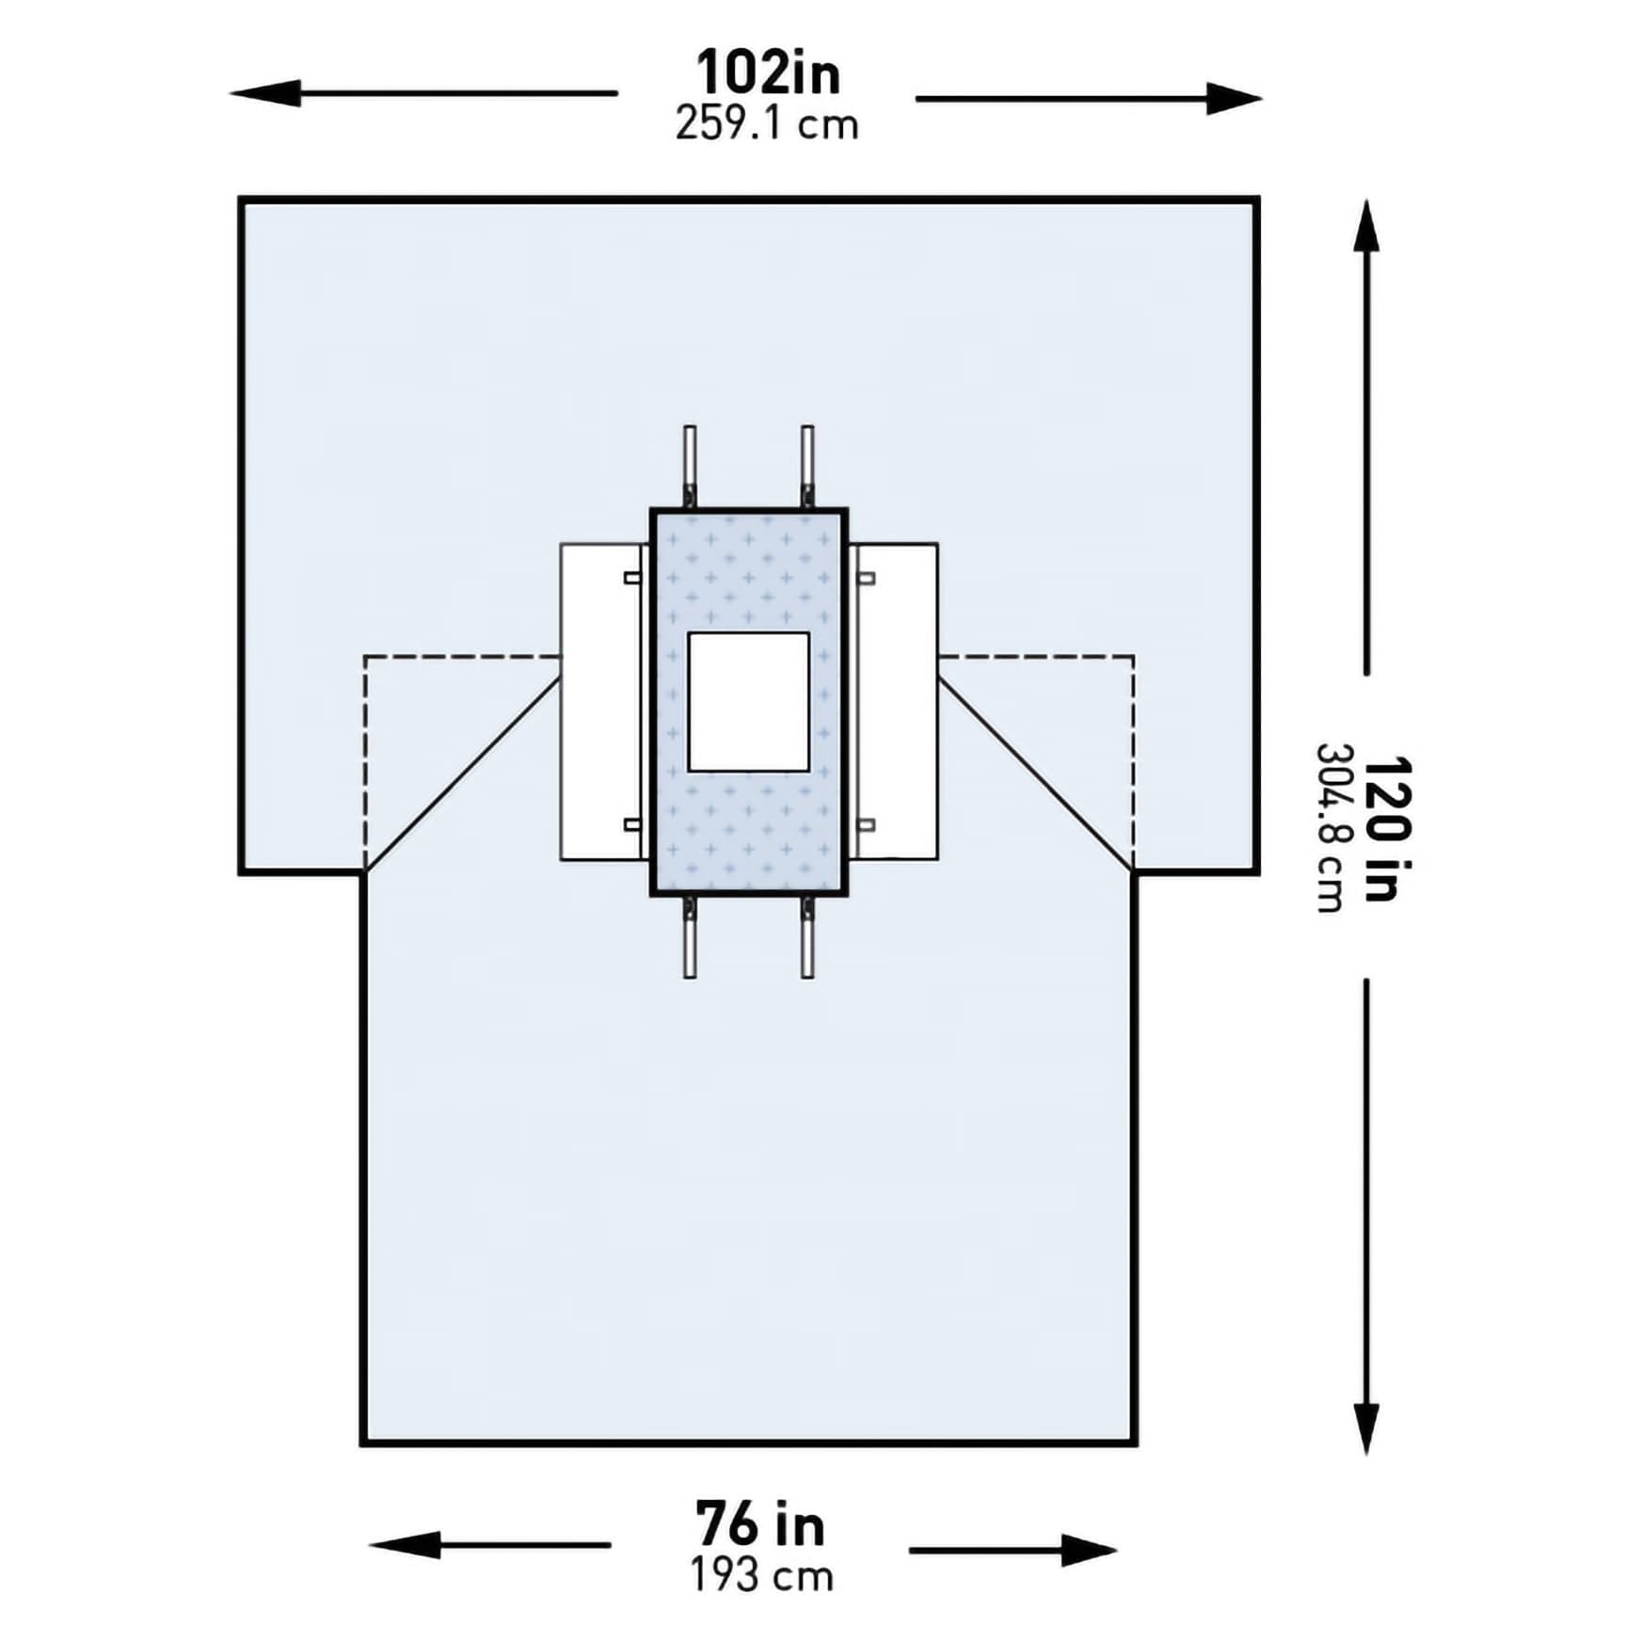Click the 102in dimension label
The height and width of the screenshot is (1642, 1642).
pos(767,73)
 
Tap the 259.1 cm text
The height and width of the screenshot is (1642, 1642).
pos(767,125)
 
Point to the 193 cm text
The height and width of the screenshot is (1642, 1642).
pos(762,1576)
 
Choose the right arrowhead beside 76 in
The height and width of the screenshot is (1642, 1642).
pos(1087,1551)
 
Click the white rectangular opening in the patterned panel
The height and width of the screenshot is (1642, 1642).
pos(748,702)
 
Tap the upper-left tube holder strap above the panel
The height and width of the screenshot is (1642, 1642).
pos(690,461)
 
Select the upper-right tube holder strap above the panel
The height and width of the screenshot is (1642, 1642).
pos(807,461)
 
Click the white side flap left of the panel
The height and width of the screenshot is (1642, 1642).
pos(598,702)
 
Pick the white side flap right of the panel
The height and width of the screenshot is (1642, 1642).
pos(899,702)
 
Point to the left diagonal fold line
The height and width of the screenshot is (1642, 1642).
pos(461,776)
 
